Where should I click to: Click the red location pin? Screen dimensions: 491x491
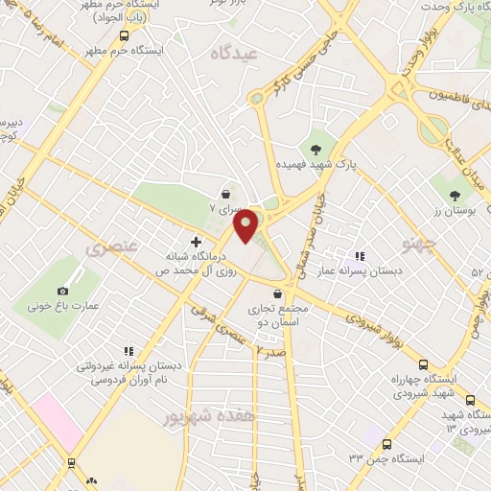(x=246, y=224)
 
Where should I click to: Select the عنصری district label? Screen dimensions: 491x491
(x=112, y=247)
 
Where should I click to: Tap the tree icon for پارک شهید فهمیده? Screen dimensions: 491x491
(x=316, y=147)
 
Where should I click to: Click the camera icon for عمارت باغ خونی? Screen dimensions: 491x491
(x=63, y=291)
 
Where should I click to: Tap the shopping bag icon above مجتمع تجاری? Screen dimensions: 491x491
(x=278, y=293)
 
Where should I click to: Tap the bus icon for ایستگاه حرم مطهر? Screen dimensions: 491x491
(x=122, y=35)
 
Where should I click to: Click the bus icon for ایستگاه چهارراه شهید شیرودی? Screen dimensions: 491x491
(x=423, y=363)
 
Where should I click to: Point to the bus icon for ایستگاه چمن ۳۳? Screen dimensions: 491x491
(x=386, y=444)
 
